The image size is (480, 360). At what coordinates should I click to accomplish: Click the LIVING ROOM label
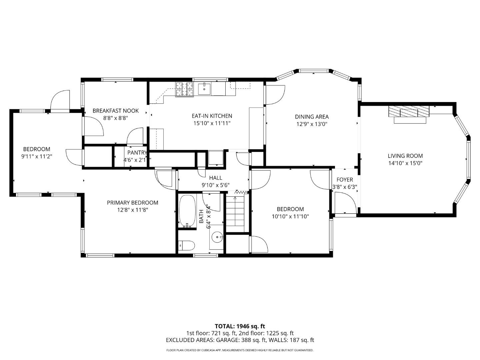coord(405,156)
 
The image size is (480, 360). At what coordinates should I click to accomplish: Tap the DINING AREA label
coord(311,117)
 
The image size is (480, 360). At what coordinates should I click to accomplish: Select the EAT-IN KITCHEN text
coord(212,116)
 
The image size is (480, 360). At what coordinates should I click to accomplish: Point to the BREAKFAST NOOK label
coord(115,111)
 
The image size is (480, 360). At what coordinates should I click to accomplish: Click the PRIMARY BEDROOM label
coord(132,203)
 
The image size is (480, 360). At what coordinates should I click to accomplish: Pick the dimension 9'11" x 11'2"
coord(37,156)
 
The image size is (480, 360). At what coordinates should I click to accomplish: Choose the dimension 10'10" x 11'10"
coord(290,216)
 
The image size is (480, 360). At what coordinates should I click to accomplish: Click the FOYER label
coord(344,180)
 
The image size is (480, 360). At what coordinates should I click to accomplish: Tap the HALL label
coord(215,178)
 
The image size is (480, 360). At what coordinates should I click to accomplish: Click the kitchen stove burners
coord(185,89)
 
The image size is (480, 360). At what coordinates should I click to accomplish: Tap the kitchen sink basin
coord(204,89)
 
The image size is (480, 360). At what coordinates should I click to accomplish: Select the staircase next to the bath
coord(237,213)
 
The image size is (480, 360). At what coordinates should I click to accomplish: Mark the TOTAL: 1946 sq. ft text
coord(240,326)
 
